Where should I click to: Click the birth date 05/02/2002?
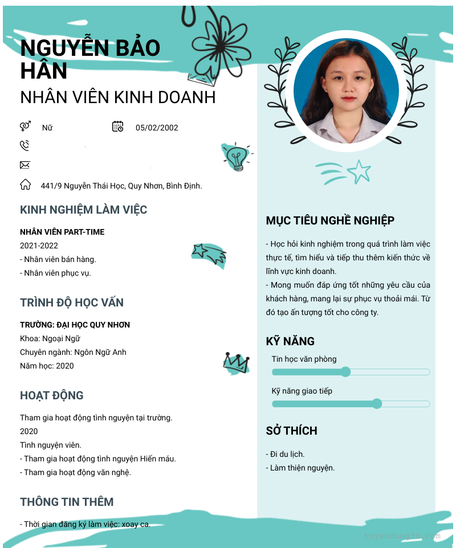157,128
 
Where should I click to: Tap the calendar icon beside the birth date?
118,126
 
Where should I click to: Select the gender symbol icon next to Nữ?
25,126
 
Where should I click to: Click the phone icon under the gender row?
25,146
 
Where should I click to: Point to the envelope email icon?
25,165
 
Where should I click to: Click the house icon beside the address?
25,185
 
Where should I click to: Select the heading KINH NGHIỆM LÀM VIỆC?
83,210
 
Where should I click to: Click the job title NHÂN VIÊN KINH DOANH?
118,97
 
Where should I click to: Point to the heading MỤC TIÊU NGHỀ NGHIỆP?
330,220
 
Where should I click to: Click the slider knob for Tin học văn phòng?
345,372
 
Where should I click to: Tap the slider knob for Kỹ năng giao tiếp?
377,404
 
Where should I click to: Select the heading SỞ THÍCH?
291,431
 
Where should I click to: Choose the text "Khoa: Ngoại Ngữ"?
50,338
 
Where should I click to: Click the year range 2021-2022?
39,246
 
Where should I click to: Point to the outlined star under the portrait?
359,171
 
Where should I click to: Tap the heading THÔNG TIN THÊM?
67,502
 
